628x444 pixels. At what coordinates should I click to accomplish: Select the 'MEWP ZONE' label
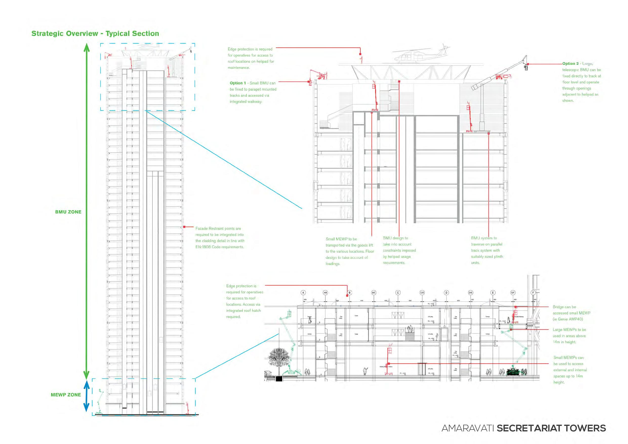[x=66, y=395]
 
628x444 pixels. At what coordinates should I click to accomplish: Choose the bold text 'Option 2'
[x=570, y=64]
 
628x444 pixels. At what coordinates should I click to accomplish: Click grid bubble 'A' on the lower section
[x=303, y=293]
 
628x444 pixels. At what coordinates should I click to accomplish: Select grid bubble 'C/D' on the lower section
[x=422, y=293]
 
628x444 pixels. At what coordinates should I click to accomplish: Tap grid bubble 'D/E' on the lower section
[x=471, y=293]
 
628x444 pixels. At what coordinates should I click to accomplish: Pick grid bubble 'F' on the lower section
[x=533, y=293]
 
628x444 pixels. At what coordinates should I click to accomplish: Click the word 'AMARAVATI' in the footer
[x=468, y=428]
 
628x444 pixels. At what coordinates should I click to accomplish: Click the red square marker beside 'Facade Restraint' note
[x=184, y=227]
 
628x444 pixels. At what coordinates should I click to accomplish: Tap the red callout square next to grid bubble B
[x=347, y=296]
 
